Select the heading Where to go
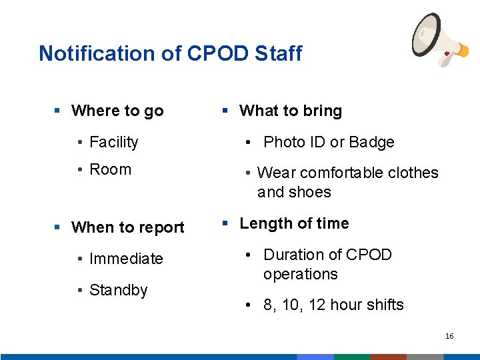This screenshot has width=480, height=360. (x=117, y=111)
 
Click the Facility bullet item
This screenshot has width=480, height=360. (x=113, y=142)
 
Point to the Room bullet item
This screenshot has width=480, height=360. (x=110, y=169)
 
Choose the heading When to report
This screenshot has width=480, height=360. (x=127, y=227)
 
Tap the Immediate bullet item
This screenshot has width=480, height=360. (x=126, y=259)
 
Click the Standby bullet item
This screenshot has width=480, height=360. (x=118, y=290)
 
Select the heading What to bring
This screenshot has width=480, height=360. (x=291, y=111)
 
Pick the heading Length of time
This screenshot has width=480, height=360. (x=294, y=223)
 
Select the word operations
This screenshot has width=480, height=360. (x=300, y=274)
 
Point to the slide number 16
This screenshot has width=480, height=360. (x=449, y=336)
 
